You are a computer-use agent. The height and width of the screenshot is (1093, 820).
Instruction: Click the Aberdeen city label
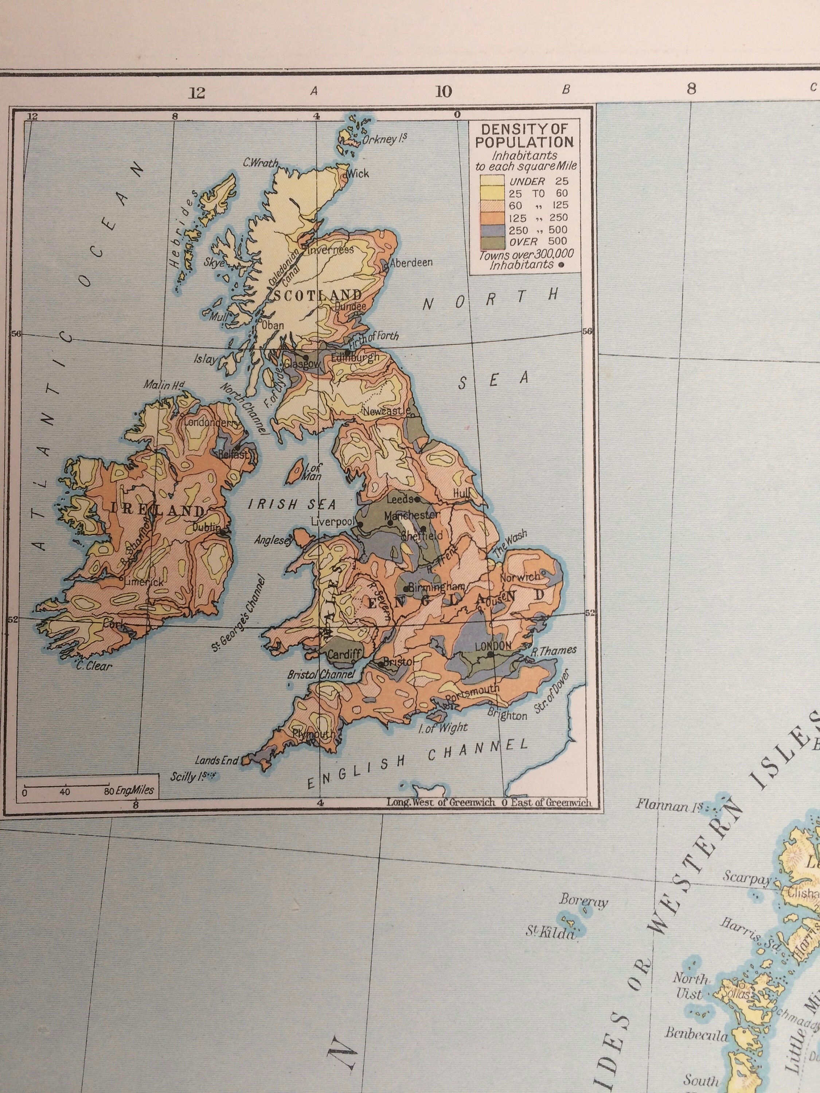click(411, 262)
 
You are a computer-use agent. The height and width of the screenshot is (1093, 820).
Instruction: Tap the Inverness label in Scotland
click(330, 250)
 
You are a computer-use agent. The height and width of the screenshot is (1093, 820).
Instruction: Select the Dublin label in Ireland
click(206, 528)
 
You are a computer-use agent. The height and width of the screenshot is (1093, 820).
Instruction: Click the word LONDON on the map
click(493, 645)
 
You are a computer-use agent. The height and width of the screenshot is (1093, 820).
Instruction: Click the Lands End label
click(216, 760)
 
